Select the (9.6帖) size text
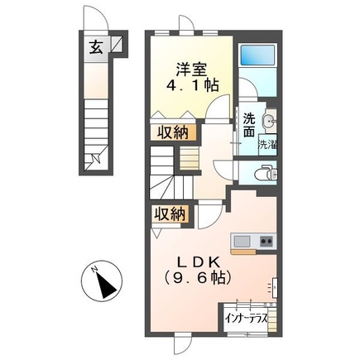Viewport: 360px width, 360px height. point(191,280)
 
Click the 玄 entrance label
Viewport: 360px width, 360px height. point(96,46)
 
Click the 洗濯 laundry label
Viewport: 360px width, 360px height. point(270,145)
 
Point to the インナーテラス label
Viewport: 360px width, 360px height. point(243,316)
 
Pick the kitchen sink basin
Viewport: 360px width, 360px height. point(242,241)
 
